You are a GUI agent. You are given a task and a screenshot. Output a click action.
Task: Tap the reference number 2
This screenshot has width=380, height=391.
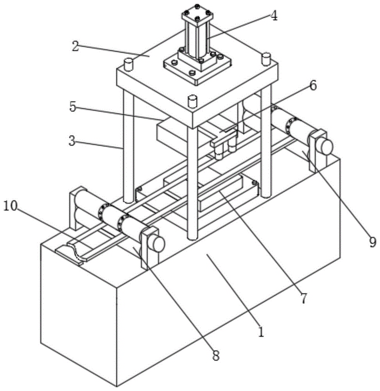(x=76, y=46)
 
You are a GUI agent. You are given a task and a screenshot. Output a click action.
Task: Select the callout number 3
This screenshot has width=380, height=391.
(x=72, y=141)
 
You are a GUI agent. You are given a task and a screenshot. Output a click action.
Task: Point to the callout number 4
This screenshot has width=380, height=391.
(x=274, y=16)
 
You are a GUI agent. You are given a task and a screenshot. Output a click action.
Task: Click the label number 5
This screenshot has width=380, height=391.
(x=72, y=106)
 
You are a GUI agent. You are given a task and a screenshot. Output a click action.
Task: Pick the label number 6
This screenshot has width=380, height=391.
(x=313, y=85)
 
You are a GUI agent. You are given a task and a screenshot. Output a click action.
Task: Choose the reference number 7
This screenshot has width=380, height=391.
(x=303, y=298)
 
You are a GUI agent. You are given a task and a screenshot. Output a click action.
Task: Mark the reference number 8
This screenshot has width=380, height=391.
(x=216, y=355)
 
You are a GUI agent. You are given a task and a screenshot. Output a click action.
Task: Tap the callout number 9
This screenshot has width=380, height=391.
(x=372, y=242)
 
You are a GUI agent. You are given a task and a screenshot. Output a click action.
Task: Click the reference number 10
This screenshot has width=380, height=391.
(x=11, y=206)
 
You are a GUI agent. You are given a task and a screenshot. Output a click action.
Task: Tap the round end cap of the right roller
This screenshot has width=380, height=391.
(x=326, y=147)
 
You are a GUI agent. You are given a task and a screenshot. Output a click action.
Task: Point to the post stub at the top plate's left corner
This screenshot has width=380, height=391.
(x=129, y=64)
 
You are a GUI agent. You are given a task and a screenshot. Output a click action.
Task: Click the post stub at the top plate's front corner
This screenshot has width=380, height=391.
(x=192, y=101)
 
